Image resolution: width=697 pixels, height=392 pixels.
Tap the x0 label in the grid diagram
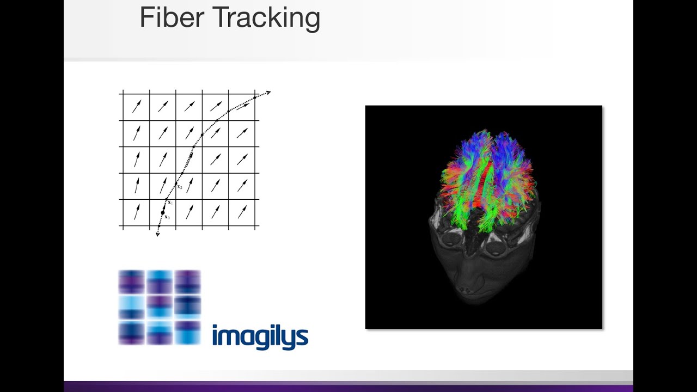168,217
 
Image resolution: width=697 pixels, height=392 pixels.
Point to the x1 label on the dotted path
170,203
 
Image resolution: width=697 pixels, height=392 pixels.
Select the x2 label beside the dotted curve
180,187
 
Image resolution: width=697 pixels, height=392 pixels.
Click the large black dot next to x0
162,212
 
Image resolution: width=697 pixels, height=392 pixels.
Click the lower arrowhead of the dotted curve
158,235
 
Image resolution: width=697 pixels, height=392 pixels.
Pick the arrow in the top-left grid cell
137,106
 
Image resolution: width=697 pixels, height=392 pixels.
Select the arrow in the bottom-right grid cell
242,212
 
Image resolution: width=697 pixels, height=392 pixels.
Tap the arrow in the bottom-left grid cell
136,212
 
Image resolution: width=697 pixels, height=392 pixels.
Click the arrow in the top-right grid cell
243,106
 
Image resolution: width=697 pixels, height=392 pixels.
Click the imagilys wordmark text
260,336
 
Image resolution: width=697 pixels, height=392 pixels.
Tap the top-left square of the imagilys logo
132,282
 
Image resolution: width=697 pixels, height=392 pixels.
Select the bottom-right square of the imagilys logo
187,333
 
